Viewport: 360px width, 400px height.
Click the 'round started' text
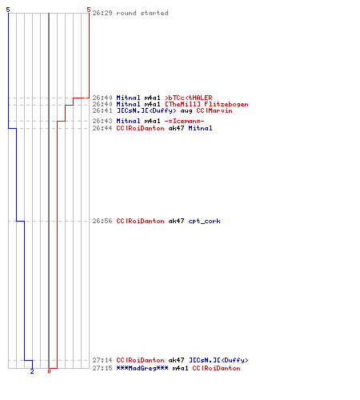pos(142,13)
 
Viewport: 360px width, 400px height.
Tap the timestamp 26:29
pos(102,13)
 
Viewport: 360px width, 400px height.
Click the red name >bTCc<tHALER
pos(189,98)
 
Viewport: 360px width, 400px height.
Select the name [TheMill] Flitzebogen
pos(206,104)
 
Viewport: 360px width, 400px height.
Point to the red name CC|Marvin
pos(214,110)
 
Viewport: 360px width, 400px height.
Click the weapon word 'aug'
pos(186,111)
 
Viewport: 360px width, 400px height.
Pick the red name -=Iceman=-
pos(185,121)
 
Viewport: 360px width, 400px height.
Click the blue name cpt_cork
pos(205,221)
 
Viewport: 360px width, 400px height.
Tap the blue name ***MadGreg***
pos(142,368)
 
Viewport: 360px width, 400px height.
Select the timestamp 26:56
pos(102,221)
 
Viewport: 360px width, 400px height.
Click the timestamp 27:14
pos(102,360)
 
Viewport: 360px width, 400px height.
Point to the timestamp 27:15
pos(102,368)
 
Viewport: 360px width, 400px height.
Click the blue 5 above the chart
pos(8,10)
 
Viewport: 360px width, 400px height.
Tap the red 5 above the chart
pos(89,10)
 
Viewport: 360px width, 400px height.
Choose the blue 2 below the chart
pos(32,371)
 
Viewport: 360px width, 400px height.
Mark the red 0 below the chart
pos(49,371)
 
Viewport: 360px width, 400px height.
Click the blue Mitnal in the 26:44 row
pos(201,128)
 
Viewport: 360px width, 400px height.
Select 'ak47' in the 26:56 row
pos(176,221)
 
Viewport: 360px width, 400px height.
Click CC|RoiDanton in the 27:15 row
pos(217,368)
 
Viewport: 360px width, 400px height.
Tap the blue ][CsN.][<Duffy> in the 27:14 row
pos(218,360)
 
